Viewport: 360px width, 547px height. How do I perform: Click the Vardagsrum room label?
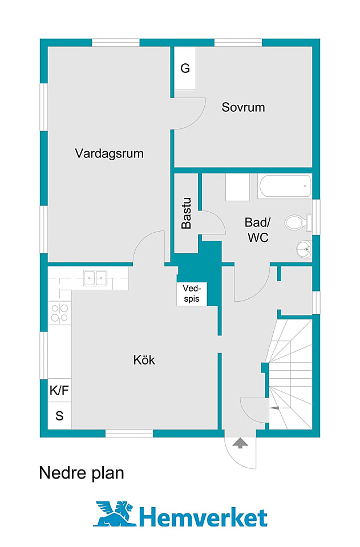point(109,153)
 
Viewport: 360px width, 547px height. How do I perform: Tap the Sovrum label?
point(243,107)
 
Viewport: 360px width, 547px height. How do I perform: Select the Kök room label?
point(144,360)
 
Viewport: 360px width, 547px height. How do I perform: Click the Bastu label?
point(186,213)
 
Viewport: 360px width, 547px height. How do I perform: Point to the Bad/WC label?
point(257,230)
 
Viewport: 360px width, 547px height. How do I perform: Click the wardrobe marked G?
point(185,68)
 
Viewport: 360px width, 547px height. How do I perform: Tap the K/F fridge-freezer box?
point(59,391)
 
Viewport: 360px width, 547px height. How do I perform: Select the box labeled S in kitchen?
point(59,416)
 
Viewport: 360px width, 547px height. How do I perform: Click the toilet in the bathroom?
point(297,222)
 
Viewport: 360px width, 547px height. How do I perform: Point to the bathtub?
point(285,187)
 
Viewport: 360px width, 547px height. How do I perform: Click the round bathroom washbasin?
point(304,249)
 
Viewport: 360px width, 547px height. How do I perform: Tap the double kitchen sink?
point(95,278)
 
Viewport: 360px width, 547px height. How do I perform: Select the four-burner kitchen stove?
point(59,313)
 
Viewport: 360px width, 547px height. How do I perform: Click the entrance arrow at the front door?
point(240,442)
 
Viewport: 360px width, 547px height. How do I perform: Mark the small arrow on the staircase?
point(274,408)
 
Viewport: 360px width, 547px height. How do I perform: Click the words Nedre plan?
point(81,473)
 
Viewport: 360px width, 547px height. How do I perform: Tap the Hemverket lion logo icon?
point(115,514)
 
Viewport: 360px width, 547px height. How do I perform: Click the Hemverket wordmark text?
point(203,517)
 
